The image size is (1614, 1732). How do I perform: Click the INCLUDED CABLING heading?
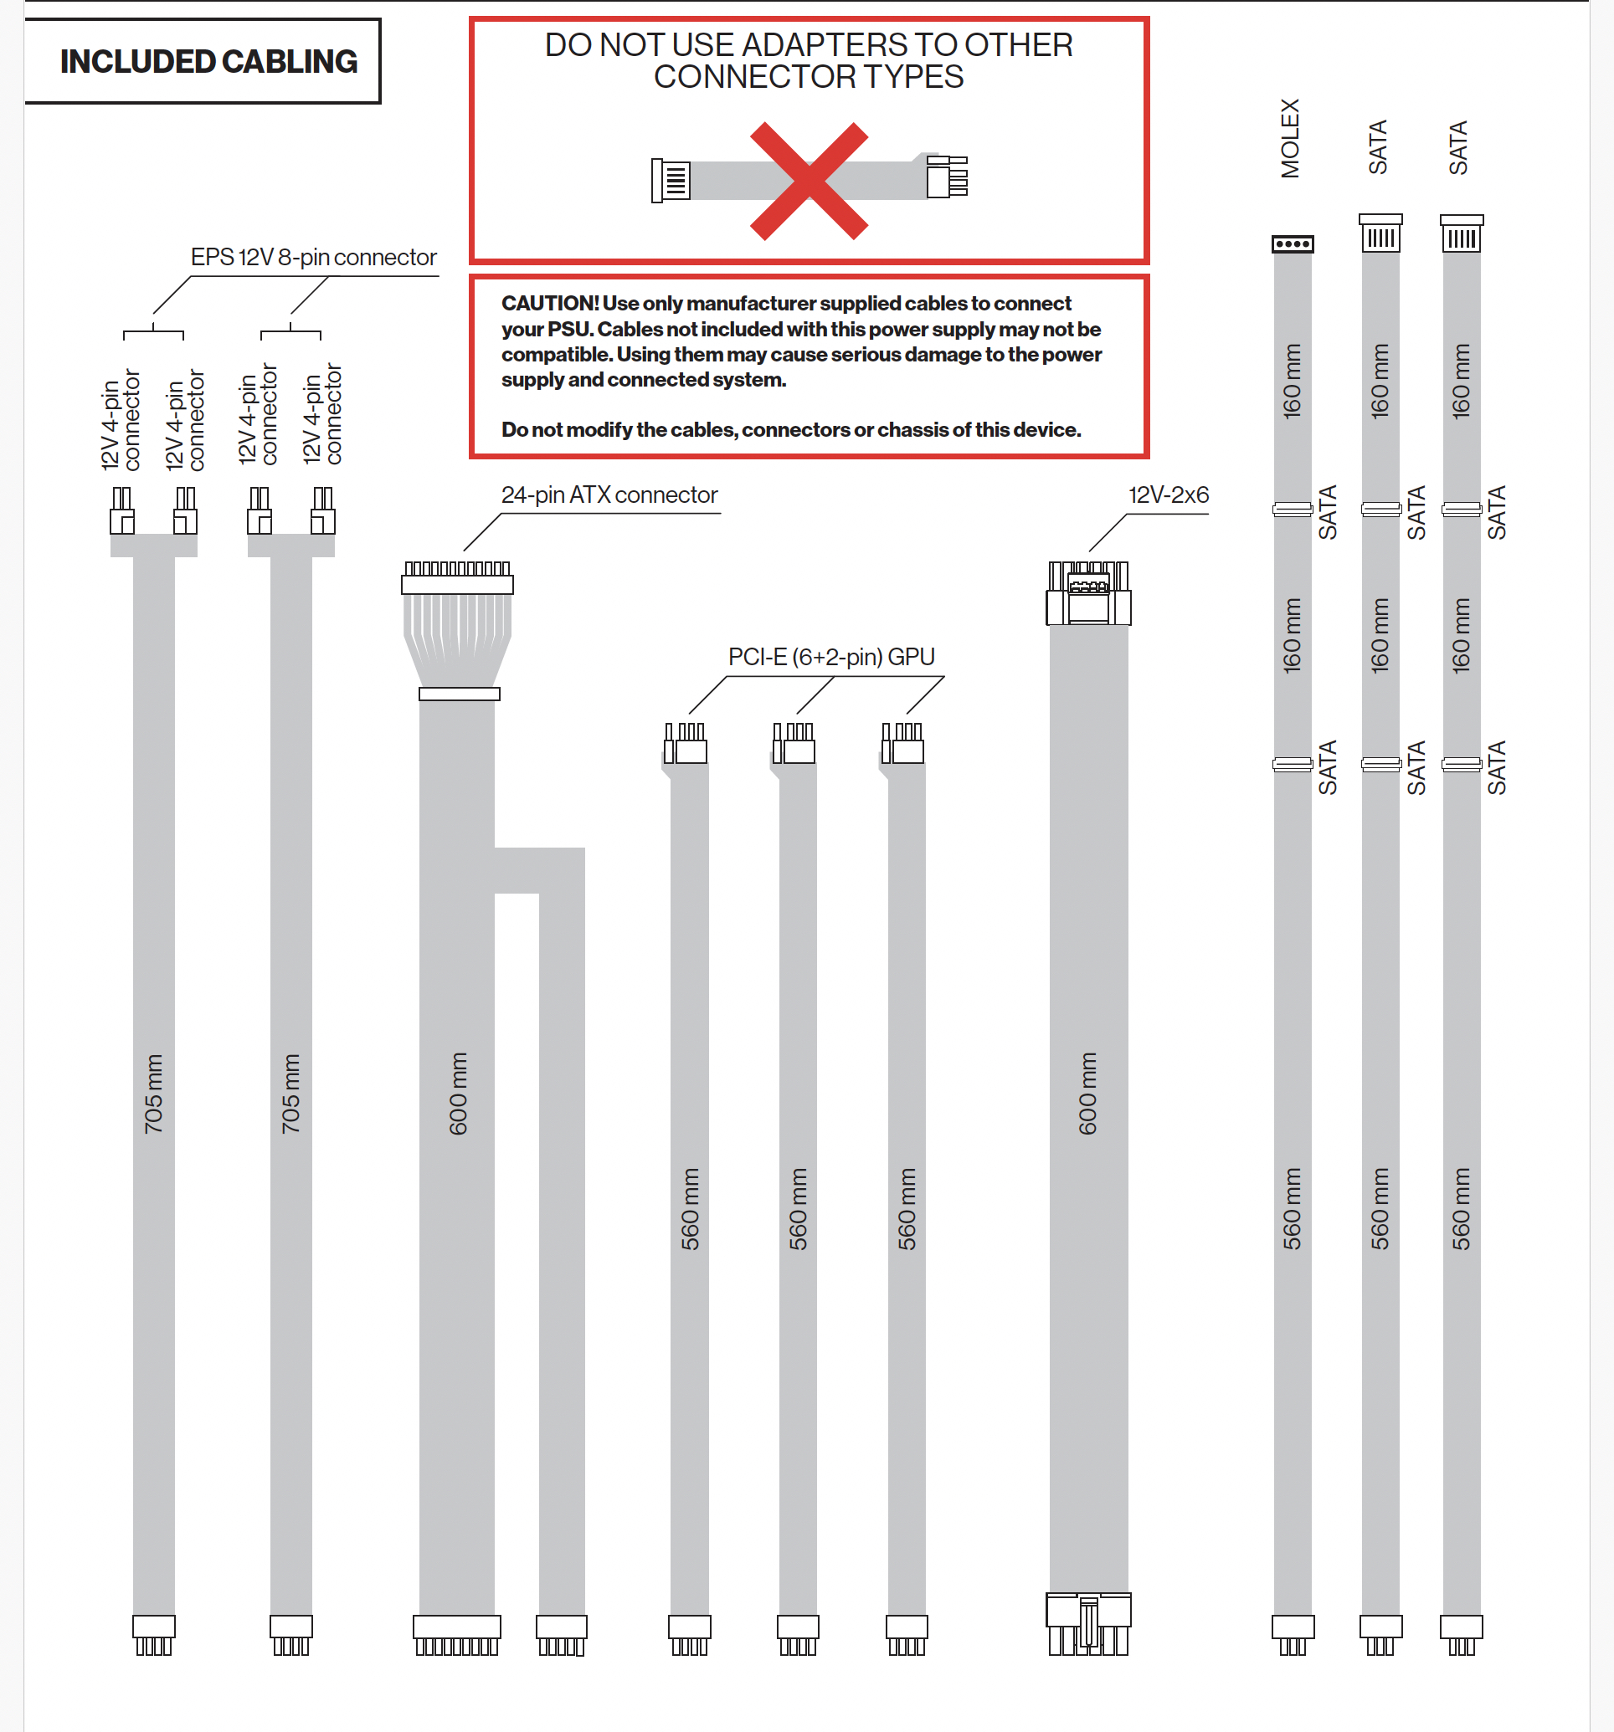pyautogui.click(x=208, y=62)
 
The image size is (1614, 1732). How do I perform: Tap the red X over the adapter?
pyautogui.click(x=809, y=182)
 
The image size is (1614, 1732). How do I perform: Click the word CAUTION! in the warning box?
pyautogui.click(x=550, y=303)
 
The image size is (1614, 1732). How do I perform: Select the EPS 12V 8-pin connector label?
pyautogui.click(x=313, y=258)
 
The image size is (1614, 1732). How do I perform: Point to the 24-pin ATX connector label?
pyautogui.click(x=609, y=494)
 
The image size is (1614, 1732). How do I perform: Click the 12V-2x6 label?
pyautogui.click(x=1168, y=494)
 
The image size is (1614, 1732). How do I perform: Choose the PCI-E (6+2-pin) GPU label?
pyautogui.click(x=830, y=657)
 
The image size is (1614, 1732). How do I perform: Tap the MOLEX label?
pyautogui.click(x=1290, y=139)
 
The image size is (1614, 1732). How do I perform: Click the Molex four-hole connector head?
pyautogui.click(x=1293, y=244)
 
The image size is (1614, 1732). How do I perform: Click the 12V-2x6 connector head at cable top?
pyautogui.click(x=1088, y=593)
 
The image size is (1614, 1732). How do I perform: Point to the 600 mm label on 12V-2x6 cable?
pyautogui.click(x=1087, y=1094)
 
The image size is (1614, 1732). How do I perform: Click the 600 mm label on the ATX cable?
pyautogui.click(x=458, y=1094)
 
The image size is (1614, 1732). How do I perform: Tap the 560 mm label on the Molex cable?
pyautogui.click(x=1292, y=1208)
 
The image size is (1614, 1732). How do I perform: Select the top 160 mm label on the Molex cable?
pyautogui.click(x=1292, y=382)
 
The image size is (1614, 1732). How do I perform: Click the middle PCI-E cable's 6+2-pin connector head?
pyautogui.click(x=794, y=744)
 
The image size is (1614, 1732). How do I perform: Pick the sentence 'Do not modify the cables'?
pyautogui.click(x=790, y=429)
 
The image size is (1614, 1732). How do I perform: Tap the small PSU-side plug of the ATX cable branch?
pyautogui.click(x=561, y=1634)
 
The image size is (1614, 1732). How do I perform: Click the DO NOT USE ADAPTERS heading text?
pyautogui.click(x=809, y=61)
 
